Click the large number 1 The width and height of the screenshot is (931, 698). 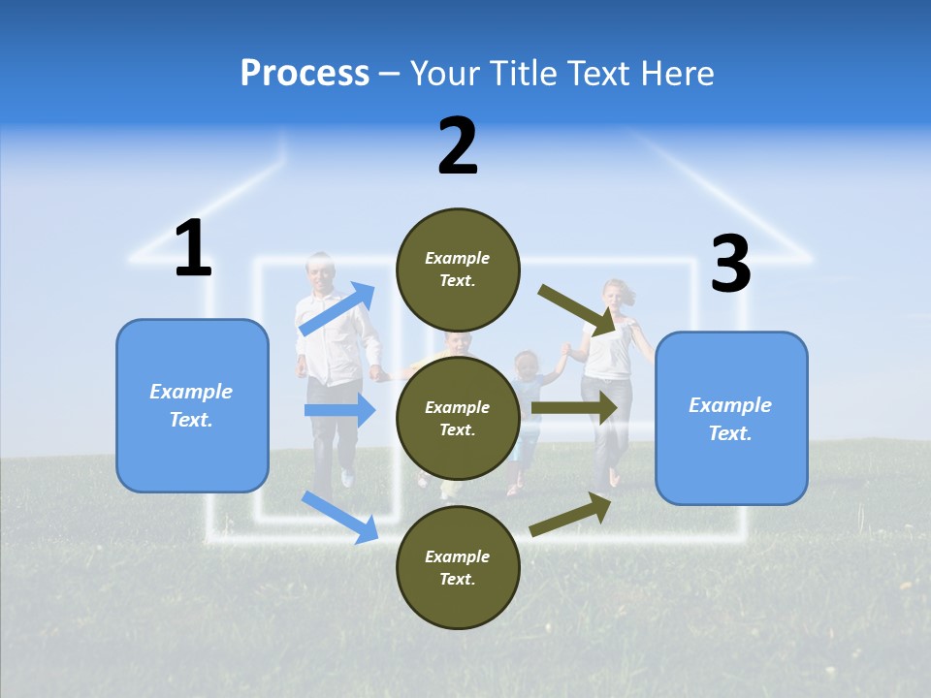coord(193,249)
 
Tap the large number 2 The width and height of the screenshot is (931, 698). coord(458,147)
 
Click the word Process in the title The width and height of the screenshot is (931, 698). coord(305,73)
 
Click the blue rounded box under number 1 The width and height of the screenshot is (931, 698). coord(192,405)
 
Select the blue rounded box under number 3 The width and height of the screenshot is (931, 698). coord(731,418)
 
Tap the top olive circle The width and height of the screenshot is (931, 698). coord(458,270)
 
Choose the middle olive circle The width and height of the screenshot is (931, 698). coord(458,418)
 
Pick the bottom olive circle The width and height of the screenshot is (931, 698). coord(458,567)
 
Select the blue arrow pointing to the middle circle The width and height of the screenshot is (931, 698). coord(340,410)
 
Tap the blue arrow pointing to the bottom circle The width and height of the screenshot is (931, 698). coord(340,517)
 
